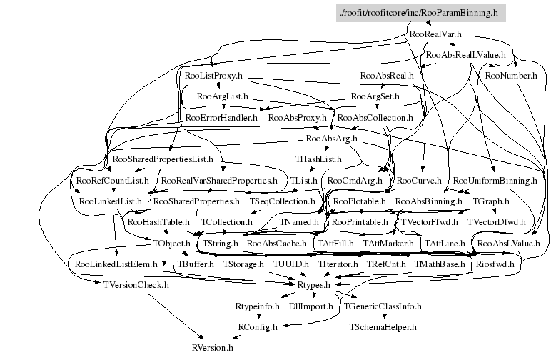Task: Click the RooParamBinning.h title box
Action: [420, 14]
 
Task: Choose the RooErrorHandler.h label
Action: [221, 116]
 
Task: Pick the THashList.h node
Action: [318, 159]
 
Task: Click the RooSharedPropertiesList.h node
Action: [163, 159]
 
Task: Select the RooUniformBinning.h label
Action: [495, 180]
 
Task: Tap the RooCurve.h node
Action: [418, 180]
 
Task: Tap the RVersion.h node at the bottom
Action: [212, 348]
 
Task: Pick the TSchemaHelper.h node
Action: [383, 327]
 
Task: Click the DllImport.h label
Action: [310, 306]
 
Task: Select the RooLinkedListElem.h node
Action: [116, 264]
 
